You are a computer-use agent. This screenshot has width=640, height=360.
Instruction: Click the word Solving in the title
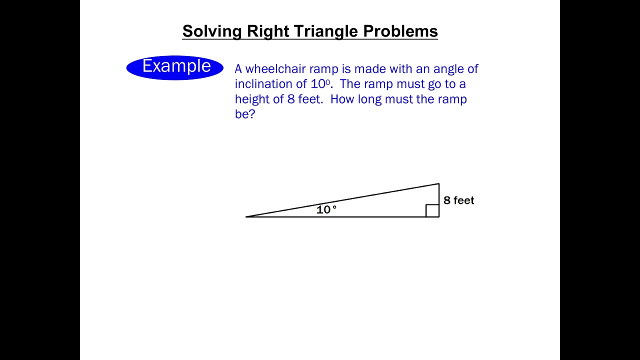click(212, 31)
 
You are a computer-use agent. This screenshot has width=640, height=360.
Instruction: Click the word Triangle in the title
click(326, 31)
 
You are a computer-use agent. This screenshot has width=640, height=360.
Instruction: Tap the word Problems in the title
click(400, 31)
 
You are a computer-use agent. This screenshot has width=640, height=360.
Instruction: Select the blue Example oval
click(175, 67)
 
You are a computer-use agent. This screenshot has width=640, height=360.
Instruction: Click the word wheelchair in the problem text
click(275, 69)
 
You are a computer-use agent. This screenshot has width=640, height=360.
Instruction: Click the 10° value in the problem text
click(320, 84)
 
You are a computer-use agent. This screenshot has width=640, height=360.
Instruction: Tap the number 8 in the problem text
click(291, 99)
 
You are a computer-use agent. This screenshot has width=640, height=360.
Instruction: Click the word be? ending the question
click(245, 114)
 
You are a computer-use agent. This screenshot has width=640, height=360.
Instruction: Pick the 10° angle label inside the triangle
click(326, 210)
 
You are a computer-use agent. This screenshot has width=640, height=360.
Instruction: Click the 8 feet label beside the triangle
click(458, 200)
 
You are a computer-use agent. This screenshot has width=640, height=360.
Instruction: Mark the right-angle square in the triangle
click(432, 210)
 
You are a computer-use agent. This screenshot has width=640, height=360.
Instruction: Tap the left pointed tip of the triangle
click(247, 216)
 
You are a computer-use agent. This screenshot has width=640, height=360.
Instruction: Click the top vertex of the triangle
click(438, 184)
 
